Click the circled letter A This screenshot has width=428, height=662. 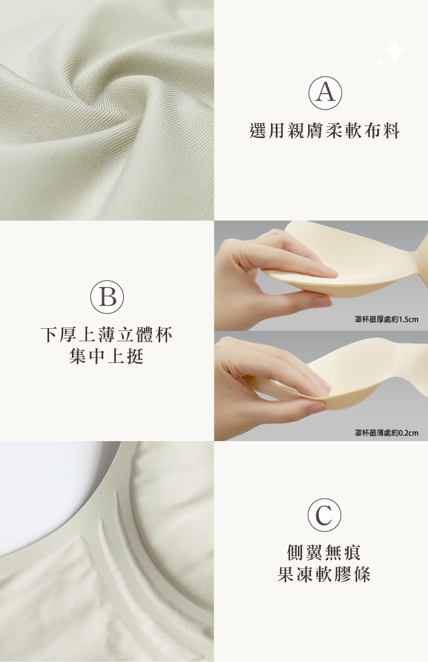(x=325, y=93)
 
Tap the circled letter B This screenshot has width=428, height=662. (x=107, y=296)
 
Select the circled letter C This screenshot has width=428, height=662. (x=324, y=515)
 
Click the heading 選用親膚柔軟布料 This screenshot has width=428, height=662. (x=324, y=131)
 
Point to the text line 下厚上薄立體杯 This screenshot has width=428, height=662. (x=107, y=335)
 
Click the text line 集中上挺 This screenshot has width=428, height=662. (x=106, y=356)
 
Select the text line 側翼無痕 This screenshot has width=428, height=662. (x=324, y=552)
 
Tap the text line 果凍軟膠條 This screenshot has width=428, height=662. (x=324, y=574)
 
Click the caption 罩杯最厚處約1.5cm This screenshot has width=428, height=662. (x=387, y=319)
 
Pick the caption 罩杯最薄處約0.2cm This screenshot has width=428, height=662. (x=387, y=433)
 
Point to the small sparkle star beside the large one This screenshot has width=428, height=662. (x=379, y=63)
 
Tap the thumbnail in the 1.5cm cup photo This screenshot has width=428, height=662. (x=322, y=301)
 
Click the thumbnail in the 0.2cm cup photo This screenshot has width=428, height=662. (x=317, y=408)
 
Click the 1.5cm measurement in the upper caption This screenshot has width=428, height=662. (x=409, y=319)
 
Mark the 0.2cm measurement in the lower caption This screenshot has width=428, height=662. (x=409, y=433)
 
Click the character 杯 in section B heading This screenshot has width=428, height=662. (x=164, y=335)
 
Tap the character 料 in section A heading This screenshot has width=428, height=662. (x=391, y=131)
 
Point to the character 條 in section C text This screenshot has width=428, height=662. (x=362, y=574)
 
